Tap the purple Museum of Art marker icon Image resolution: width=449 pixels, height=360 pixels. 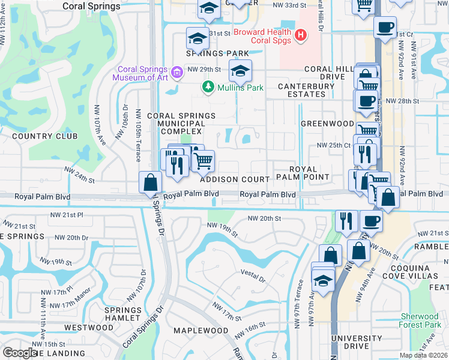click(x=176, y=73)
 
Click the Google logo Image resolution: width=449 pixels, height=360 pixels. click(x=20, y=353)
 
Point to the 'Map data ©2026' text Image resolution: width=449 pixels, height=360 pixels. click(x=423, y=355)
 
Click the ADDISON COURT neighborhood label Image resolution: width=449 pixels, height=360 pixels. click(x=235, y=179)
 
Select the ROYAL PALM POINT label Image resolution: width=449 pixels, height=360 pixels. click(x=302, y=173)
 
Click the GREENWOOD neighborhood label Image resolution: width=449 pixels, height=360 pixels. click(x=327, y=124)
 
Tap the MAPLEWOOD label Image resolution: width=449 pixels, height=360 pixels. click(x=201, y=331)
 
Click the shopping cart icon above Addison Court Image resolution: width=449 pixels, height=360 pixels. click(x=203, y=161)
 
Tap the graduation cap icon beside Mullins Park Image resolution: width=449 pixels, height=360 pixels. click(x=240, y=72)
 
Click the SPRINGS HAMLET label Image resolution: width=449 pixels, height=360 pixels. click(x=123, y=314)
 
